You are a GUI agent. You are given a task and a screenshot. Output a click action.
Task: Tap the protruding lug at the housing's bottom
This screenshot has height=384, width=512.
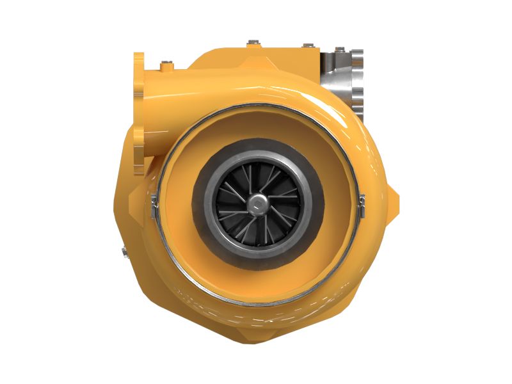click(255, 333)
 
